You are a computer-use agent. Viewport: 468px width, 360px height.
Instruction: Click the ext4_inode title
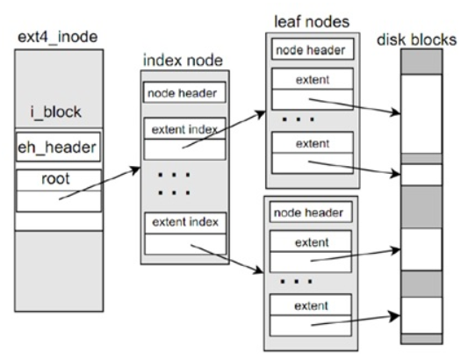pos(58,37)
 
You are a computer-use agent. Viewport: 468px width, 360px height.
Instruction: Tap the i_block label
pos(56,112)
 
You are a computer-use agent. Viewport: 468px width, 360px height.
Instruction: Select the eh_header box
pos(58,148)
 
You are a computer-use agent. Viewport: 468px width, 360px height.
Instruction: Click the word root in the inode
pos(55,178)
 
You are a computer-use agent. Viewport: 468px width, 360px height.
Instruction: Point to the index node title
pos(183,61)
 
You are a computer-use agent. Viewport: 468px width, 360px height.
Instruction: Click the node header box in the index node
pos(184,92)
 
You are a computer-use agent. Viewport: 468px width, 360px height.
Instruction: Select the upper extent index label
pos(184,130)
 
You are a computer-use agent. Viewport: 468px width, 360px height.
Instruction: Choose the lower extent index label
pos(185,222)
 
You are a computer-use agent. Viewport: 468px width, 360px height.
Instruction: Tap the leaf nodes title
pos(312,22)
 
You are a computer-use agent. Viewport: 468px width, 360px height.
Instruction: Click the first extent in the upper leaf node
pos(313,80)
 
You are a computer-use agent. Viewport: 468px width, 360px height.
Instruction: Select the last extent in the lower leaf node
pos(311,306)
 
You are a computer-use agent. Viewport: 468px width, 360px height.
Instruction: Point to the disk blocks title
pos(417,40)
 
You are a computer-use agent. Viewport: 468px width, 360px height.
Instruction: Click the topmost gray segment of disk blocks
pos(421,61)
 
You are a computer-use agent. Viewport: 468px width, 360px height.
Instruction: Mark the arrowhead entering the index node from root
pos(137,170)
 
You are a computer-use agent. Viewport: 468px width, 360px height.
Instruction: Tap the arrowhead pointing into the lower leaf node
pos(258,270)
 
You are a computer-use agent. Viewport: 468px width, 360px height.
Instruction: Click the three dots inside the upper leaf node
pos(299,119)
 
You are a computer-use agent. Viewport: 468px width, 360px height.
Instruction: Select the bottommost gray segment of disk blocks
pos(421,339)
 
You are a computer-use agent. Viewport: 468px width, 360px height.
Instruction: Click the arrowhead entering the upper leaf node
pos(261,114)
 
